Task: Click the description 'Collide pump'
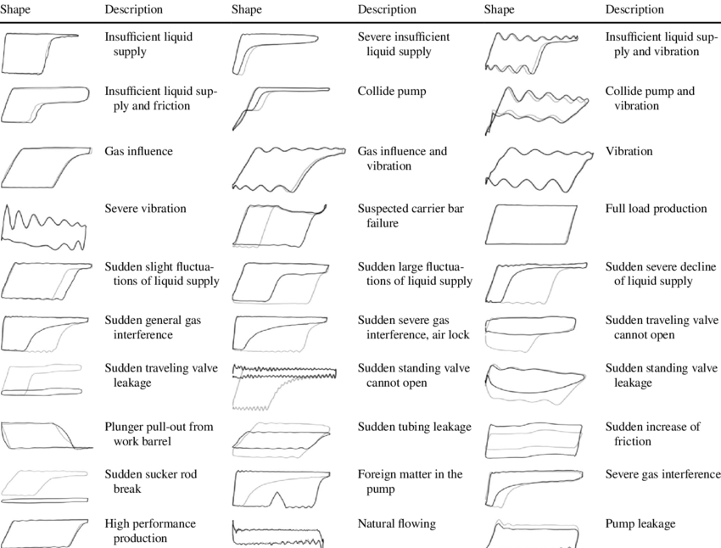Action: click(x=392, y=91)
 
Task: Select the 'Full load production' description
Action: click(x=656, y=209)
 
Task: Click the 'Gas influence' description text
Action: click(x=138, y=151)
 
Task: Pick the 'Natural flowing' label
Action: click(x=396, y=523)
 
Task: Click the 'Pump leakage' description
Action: click(x=640, y=523)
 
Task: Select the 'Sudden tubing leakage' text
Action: click(x=414, y=427)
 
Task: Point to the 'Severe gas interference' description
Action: click(x=662, y=474)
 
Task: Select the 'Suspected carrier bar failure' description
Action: click(x=411, y=216)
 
